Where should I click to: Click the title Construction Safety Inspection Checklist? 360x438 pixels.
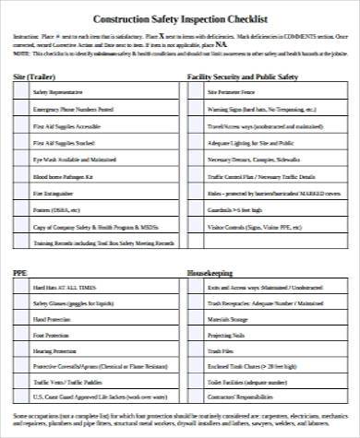(x=180, y=18)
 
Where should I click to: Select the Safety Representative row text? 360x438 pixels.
(x=58, y=93)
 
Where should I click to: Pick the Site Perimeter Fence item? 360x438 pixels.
(x=231, y=93)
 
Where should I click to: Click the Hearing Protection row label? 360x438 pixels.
(x=54, y=351)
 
